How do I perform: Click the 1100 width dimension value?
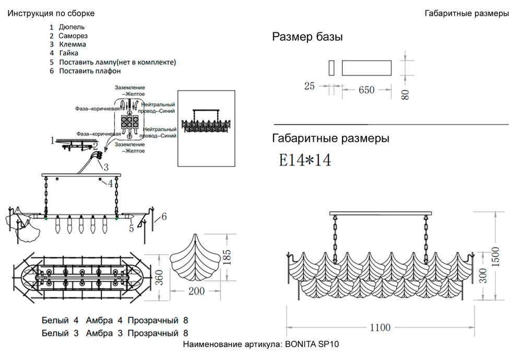[380, 328]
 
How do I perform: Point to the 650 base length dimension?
[366, 90]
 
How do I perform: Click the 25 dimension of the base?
[310, 86]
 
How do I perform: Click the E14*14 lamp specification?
[305, 160]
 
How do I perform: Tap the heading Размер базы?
[307, 37]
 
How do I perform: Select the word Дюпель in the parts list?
[72, 27]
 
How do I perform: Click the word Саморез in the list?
[73, 35]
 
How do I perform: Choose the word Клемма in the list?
[73, 44]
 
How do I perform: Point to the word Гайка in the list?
[69, 53]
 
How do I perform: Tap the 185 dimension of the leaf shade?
[227, 256]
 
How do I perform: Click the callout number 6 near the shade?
[164, 216]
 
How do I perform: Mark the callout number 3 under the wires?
[105, 167]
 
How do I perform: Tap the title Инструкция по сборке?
[51, 13]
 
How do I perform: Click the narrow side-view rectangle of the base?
[331, 68]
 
